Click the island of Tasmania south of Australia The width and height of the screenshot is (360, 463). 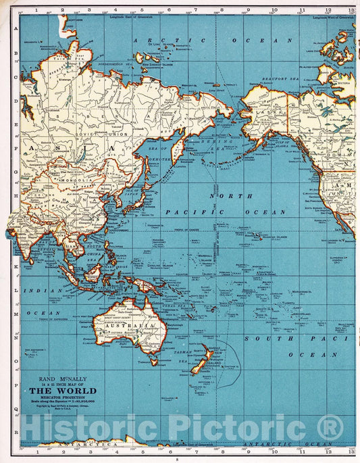click(x=154, y=362)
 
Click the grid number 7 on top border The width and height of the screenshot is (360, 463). click(x=168, y=10)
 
